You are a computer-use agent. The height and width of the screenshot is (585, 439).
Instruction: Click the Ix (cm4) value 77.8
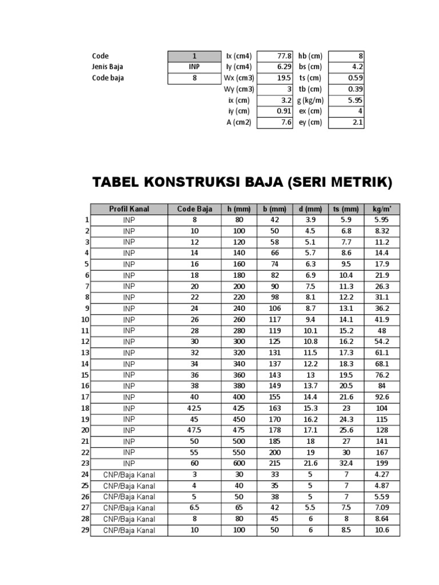[x=284, y=56]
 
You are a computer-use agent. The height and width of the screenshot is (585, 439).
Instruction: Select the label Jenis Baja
[x=108, y=67]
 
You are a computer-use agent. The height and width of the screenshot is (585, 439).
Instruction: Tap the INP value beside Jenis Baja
[x=194, y=67]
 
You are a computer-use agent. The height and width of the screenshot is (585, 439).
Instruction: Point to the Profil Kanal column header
[x=129, y=209]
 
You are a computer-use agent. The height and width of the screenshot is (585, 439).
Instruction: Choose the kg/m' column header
[x=381, y=209]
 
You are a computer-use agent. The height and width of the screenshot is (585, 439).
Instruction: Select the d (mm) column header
[x=310, y=209]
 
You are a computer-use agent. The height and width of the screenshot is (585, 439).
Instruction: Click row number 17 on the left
[x=85, y=397]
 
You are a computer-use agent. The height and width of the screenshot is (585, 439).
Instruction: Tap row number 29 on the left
[x=85, y=530]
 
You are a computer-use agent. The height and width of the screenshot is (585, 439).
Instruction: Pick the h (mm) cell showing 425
[x=239, y=408]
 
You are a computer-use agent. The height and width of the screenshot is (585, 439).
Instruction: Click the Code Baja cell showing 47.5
[x=194, y=430]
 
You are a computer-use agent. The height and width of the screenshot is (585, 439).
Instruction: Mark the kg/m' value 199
[x=381, y=463]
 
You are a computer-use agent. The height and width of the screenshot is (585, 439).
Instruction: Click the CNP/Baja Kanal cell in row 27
[x=129, y=508]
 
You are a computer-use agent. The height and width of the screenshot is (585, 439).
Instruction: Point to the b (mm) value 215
[x=274, y=463]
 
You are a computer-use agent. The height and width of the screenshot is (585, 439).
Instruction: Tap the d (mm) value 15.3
[x=310, y=408]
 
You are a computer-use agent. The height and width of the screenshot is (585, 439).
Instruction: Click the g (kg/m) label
[x=311, y=100]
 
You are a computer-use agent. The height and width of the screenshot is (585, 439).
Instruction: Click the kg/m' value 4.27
[x=381, y=475]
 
